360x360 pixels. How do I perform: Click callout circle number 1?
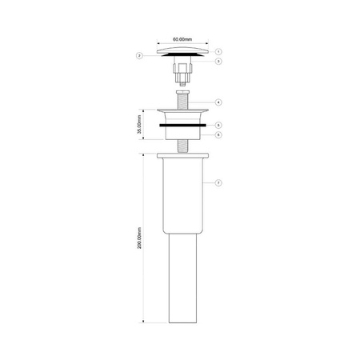tap(218, 50)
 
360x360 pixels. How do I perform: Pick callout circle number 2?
tap(139, 55)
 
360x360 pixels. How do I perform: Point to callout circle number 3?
tap(218, 61)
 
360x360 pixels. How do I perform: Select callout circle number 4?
tap(218, 102)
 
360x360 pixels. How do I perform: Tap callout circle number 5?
tap(218, 125)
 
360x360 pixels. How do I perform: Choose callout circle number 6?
tap(218, 134)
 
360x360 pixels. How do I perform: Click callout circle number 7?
tap(218, 183)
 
